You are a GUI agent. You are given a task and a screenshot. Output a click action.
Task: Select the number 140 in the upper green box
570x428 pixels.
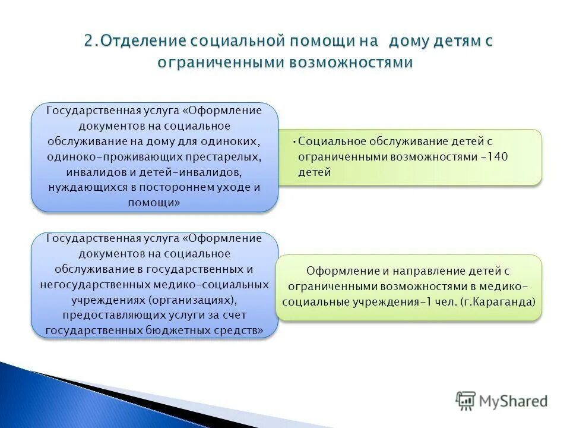[x=499, y=157]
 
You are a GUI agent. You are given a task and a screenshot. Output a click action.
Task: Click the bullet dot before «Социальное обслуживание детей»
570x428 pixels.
[x=295, y=141]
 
